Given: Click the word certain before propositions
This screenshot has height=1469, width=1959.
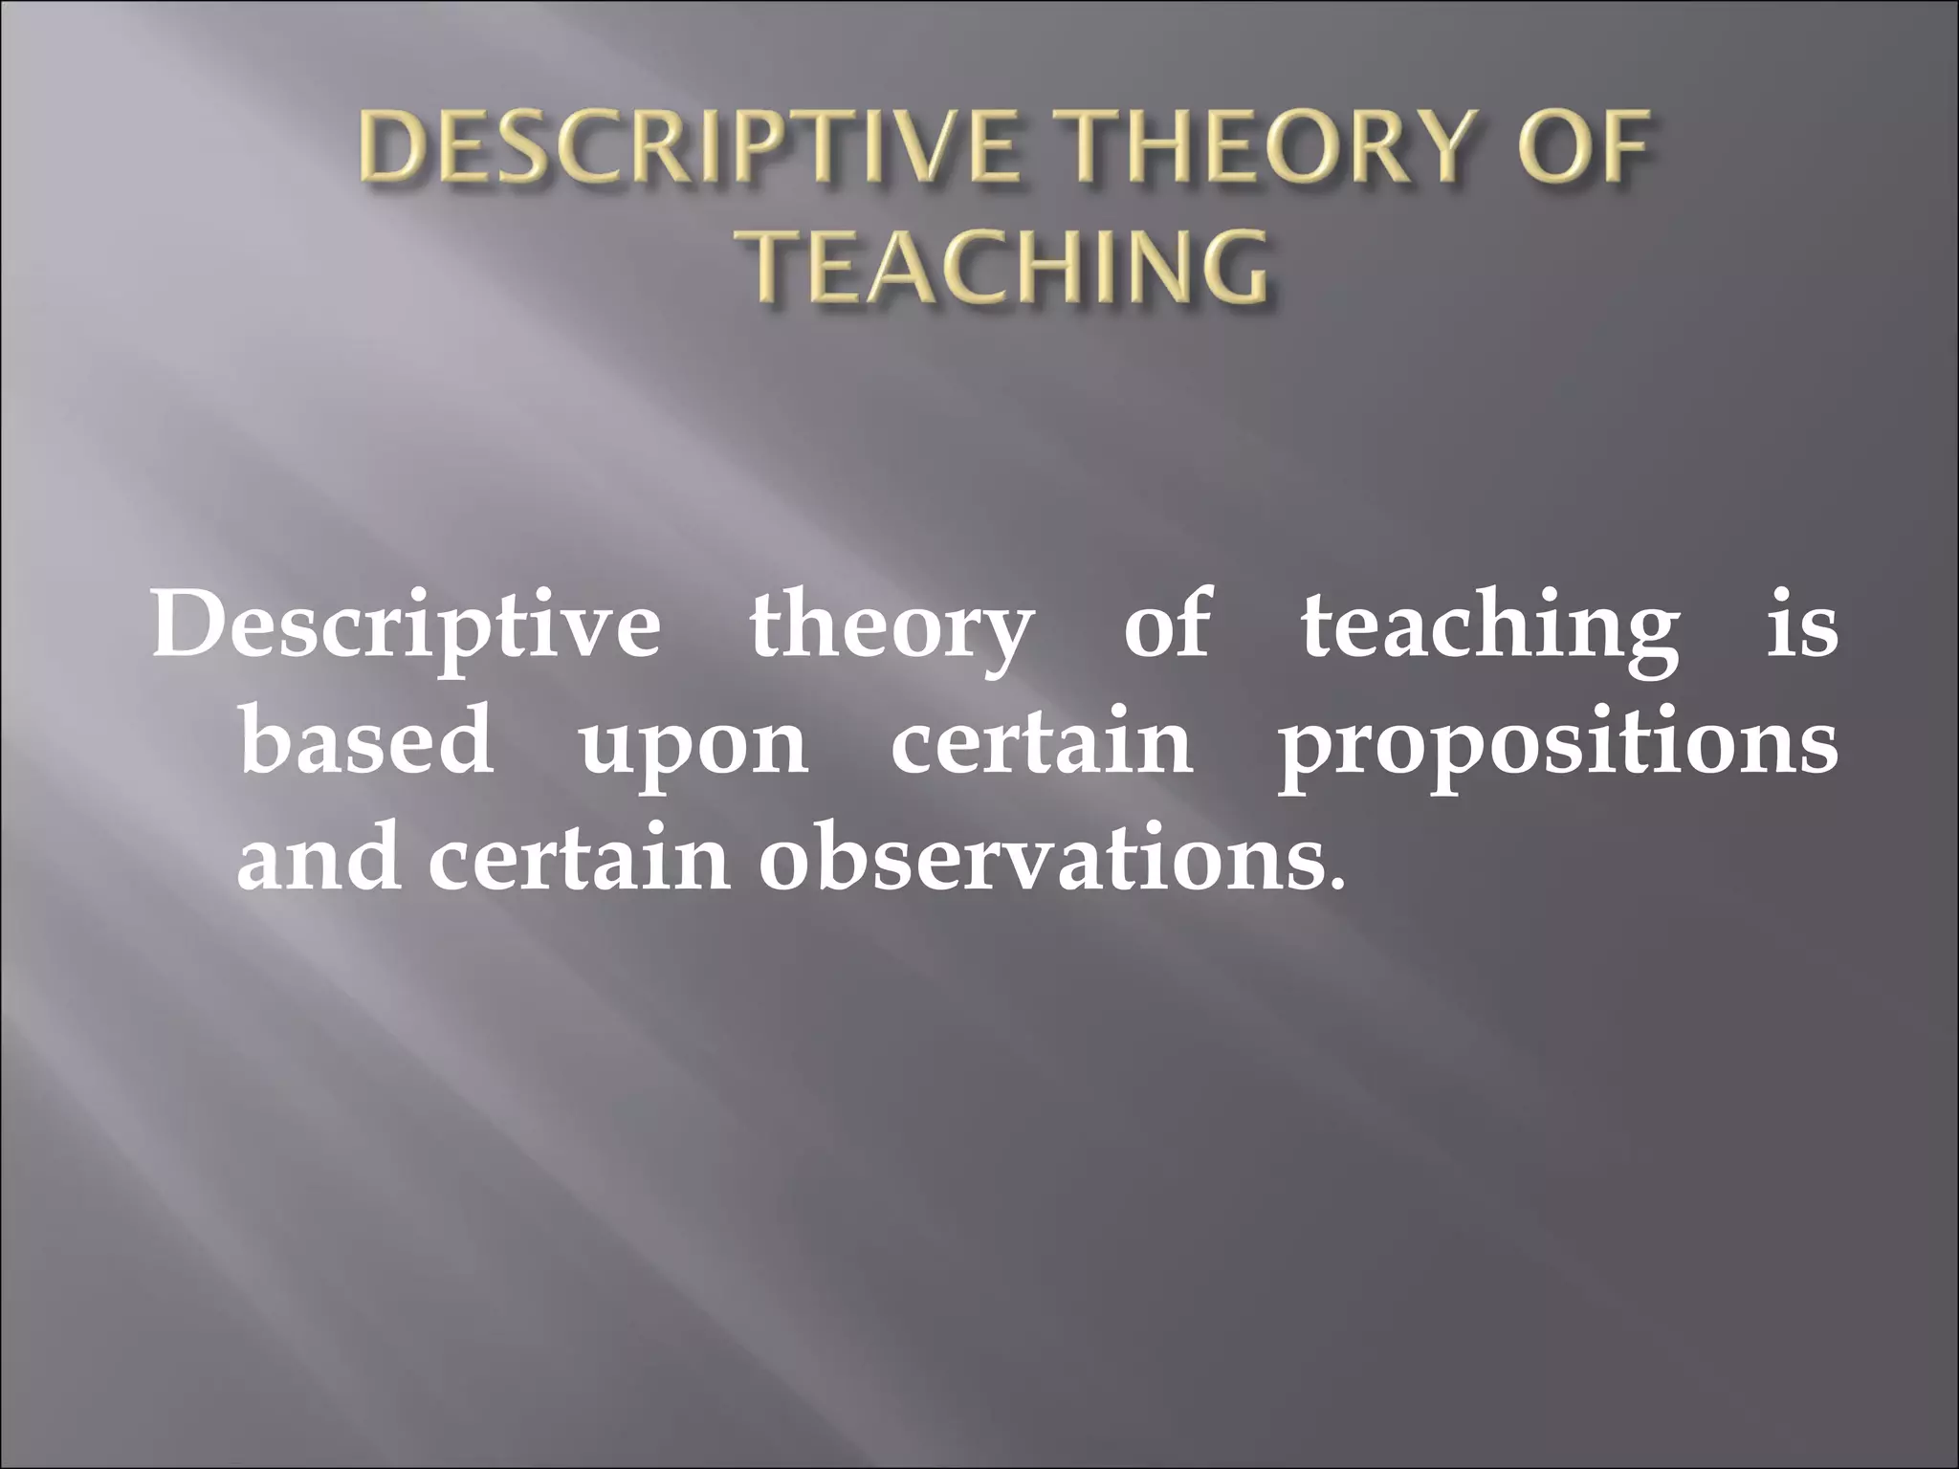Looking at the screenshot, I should [1042, 742].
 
